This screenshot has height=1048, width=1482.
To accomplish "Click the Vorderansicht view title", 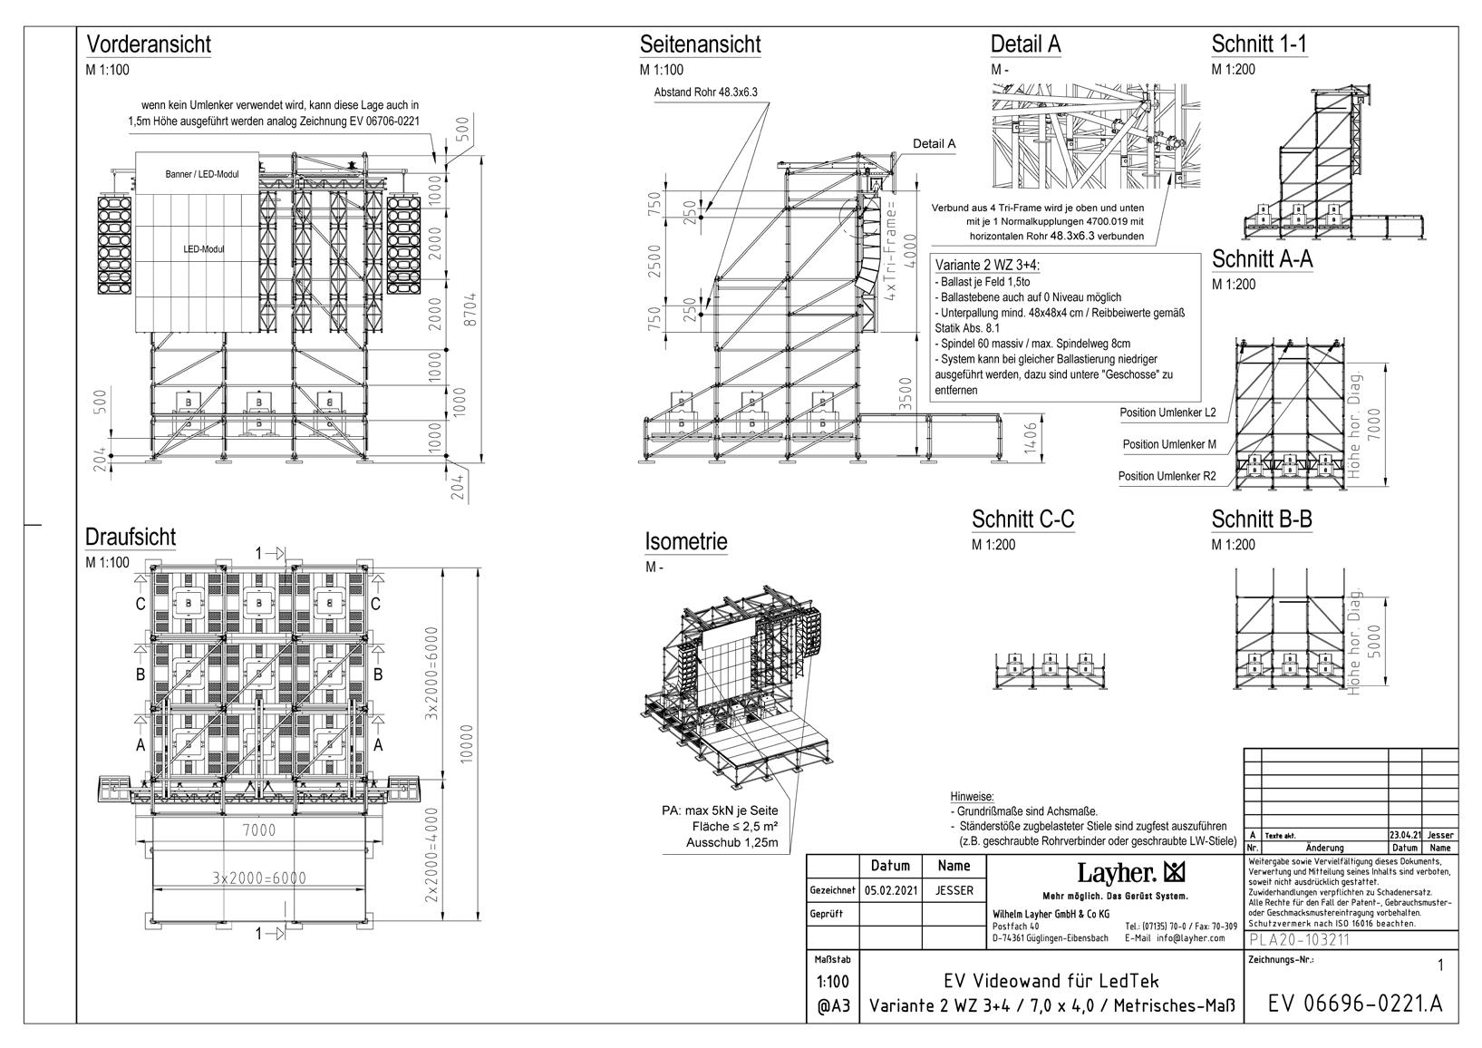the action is (x=148, y=44).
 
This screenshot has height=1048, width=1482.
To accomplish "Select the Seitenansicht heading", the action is (x=700, y=44).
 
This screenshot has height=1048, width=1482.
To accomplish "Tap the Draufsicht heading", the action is (x=131, y=537).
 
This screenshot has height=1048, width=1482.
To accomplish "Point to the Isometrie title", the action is (x=686, y=541).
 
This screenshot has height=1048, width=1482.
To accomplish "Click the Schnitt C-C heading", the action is (x=1022, y=519).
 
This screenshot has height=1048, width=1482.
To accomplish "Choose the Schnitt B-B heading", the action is (x=1262, y=519).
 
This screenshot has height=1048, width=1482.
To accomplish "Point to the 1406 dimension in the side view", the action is (x=1030, y=441).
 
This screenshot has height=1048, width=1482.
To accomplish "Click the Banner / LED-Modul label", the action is (x=202, y=173).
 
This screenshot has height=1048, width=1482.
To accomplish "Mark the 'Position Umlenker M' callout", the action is (x=1169, y=444).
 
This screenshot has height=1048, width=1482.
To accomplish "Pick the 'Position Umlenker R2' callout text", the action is (x=1167, y=475).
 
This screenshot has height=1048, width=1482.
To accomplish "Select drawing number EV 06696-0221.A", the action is (x=1354, y=1004).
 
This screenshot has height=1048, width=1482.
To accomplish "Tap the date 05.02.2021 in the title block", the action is (x=891, y=890).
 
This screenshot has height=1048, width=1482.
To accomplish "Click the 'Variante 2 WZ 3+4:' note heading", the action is (x=987, y=265).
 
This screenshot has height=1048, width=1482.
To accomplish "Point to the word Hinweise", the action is (x=972, y=795).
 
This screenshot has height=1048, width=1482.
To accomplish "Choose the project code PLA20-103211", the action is (x=1299, y=939).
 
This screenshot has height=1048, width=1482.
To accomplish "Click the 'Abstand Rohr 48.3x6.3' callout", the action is (x=705, y=92).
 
